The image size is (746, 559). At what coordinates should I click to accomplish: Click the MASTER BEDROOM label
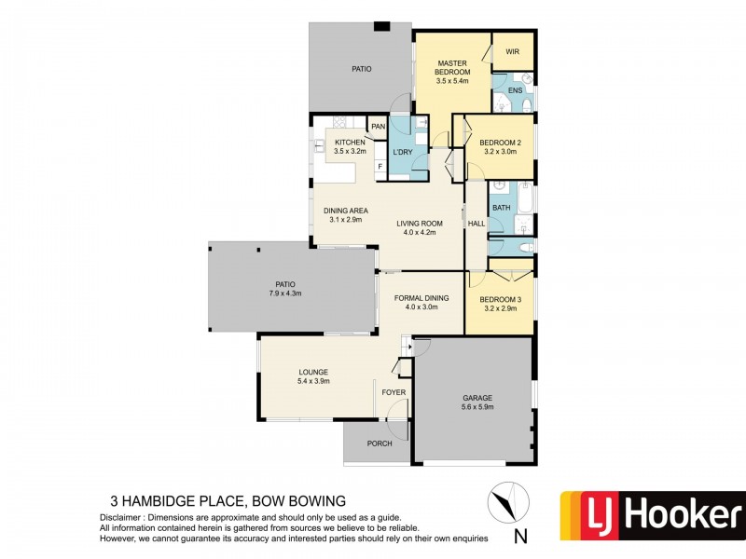(x=453, y=68)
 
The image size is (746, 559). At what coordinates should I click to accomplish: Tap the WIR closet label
(x=512, y=51)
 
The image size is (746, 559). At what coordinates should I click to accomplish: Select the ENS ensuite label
(x=515, y=90)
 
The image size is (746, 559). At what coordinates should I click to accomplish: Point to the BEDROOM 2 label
(x=501, y=143)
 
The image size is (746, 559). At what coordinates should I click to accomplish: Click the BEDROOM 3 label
(x=500, y=300)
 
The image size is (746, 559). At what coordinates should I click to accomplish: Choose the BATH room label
(x=502, y=208)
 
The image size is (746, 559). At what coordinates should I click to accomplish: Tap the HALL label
(x=476, y=224)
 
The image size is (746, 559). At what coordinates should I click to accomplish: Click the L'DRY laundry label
(x=403, y=152)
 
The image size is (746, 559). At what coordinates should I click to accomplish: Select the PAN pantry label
(x=378, y=127)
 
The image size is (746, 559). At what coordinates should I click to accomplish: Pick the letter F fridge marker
(x=380, y=168)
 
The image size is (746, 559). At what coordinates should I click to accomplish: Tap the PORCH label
(x=379, y=443)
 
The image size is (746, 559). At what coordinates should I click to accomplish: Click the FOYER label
(x=394, y=392)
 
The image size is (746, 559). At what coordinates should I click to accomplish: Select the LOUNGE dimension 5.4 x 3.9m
(x=312, y=381)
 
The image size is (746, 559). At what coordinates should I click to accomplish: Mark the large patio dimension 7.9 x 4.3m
(x=285, y=293)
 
